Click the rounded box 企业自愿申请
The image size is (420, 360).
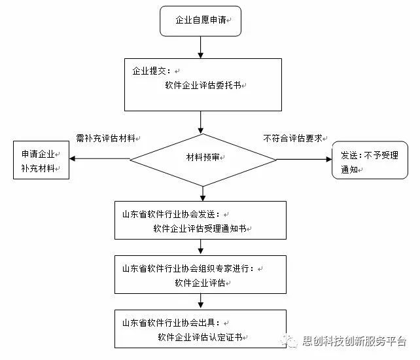tap(200, 21)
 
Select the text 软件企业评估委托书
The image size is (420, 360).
tap(203, 85)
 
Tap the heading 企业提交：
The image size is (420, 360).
tap(151, 71)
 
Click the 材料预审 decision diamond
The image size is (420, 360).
tap(203, 160)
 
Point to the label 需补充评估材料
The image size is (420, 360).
tap(105, 138)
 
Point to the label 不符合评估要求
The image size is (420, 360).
tap(293, 138)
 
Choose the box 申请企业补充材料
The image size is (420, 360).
tap(41, 160)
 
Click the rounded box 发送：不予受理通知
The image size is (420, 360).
tap(370, 160)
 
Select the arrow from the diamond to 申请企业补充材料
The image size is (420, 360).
tap(99, 158)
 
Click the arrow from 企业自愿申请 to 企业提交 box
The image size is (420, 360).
tap(200, 47)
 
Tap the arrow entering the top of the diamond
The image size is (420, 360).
tap(200, 122)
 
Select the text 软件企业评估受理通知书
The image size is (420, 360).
tap(200, 228)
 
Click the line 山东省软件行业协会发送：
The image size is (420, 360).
tap(171, 215)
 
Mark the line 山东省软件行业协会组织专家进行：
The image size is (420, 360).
tap(188, 268)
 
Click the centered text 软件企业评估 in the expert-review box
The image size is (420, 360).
tap(200, 283)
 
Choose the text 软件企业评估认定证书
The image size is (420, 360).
tap(200, 337)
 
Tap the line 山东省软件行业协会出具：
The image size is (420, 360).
tap(171, 323)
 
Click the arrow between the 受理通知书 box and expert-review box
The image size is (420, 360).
tap(200, 247)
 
